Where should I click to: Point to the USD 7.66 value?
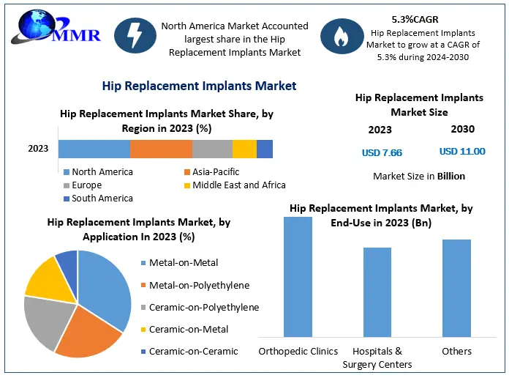pyautogui.click(x=382, y=152)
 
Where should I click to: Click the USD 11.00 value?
pyautogui.click(x=462, y=151)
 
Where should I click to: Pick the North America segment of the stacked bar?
pyautogui.click(x=94, y=149)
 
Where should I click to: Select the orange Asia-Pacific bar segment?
pyautogui.click(x=161, y=149)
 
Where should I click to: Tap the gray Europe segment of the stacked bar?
pyautogui.click(x=212, y=149)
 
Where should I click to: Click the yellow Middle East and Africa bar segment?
pyautogui.click(x=244, y=149)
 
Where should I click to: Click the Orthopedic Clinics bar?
pyautogui.click(x=298, y=278)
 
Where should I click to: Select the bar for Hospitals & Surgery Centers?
pyautogui.click(x=377, y=293)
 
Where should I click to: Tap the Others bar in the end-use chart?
pyautogui.click(x=456, y=289)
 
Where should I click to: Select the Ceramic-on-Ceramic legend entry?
pyautogui.click(x=188, y=352)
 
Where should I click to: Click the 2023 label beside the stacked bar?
pyautogui.click(x=38, y=149)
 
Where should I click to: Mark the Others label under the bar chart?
pyautogui.click(x=456, y=352)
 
